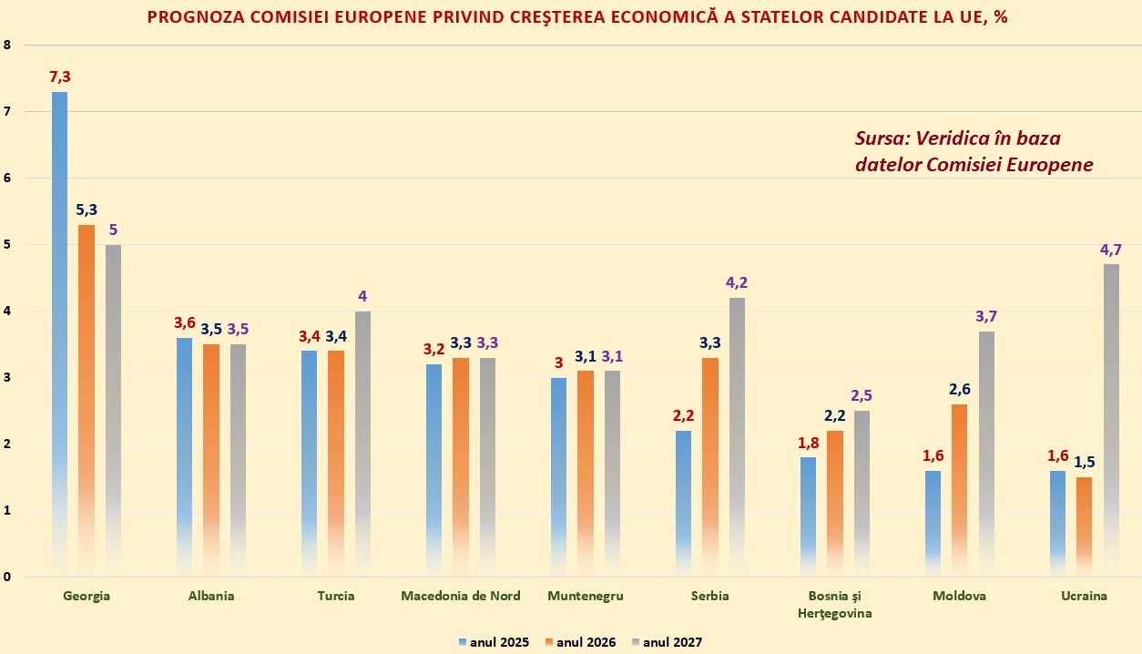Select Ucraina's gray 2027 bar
point(1111,420)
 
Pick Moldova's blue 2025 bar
point(933,523)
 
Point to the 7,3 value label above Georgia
point(59,77)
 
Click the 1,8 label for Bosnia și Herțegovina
point(808,443)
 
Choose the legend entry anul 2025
point(494,642)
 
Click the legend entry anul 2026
point(580,642)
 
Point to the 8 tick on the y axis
point(7,45)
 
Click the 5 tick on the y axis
point(7,244)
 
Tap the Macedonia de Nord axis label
point(461,596)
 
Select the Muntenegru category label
point(586,596)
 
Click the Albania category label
point(211,596)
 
